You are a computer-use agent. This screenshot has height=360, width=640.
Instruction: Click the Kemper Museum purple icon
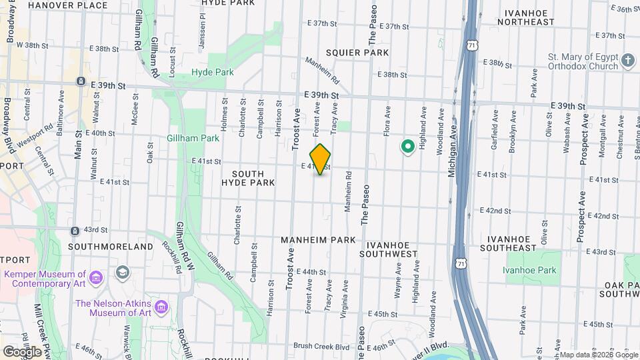pos(97,277)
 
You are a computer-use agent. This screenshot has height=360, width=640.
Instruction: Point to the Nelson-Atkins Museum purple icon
pos(161,307)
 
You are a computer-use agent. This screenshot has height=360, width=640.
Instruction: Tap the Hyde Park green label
pos(212,71)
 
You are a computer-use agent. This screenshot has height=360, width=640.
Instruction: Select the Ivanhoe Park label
pos(529,270)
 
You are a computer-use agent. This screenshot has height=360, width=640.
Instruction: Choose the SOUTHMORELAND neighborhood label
pos(111,247)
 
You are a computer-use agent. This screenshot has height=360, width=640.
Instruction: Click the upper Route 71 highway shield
pos(472,45)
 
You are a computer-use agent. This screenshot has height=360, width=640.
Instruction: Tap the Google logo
pos(22,351)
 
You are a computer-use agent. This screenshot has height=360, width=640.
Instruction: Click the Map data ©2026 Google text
pos(597,355)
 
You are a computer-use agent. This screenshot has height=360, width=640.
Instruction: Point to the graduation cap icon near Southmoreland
pos(123,272)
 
